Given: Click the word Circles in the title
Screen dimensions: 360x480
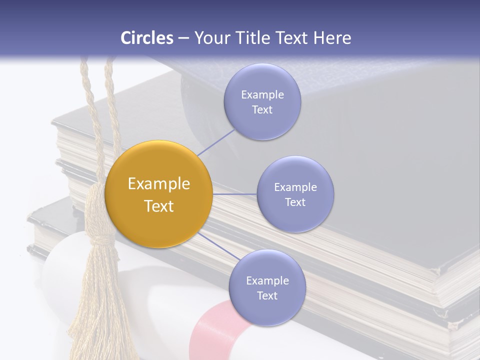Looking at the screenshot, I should pos(147,38).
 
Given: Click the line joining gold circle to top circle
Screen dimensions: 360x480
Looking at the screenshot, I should pos(216,142).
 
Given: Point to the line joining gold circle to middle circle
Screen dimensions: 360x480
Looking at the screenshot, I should pos(234,194).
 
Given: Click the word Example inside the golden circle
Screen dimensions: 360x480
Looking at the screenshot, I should pos(158,184).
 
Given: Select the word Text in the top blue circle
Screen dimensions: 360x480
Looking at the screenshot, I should pos(262,110).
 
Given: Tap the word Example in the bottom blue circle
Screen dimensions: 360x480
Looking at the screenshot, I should pos(267,281).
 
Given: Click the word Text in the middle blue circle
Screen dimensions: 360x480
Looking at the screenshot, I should pos(295,202).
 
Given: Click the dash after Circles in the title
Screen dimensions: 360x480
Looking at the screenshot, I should pos(183,38).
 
